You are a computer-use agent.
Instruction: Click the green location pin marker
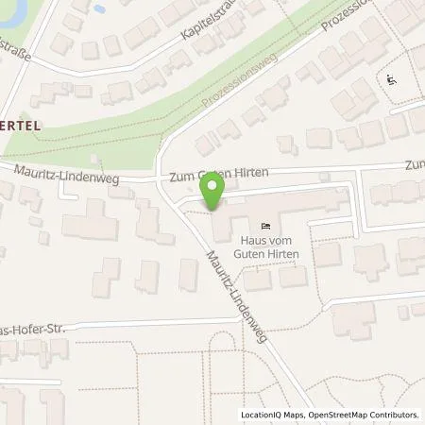pos(214,193)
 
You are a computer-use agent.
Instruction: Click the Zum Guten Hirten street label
pos(220,174)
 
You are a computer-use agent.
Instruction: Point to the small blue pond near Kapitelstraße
pos(97,8)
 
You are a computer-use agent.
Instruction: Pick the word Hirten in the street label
pos(252,174)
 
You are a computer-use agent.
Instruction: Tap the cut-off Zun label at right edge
pos(415,164)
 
